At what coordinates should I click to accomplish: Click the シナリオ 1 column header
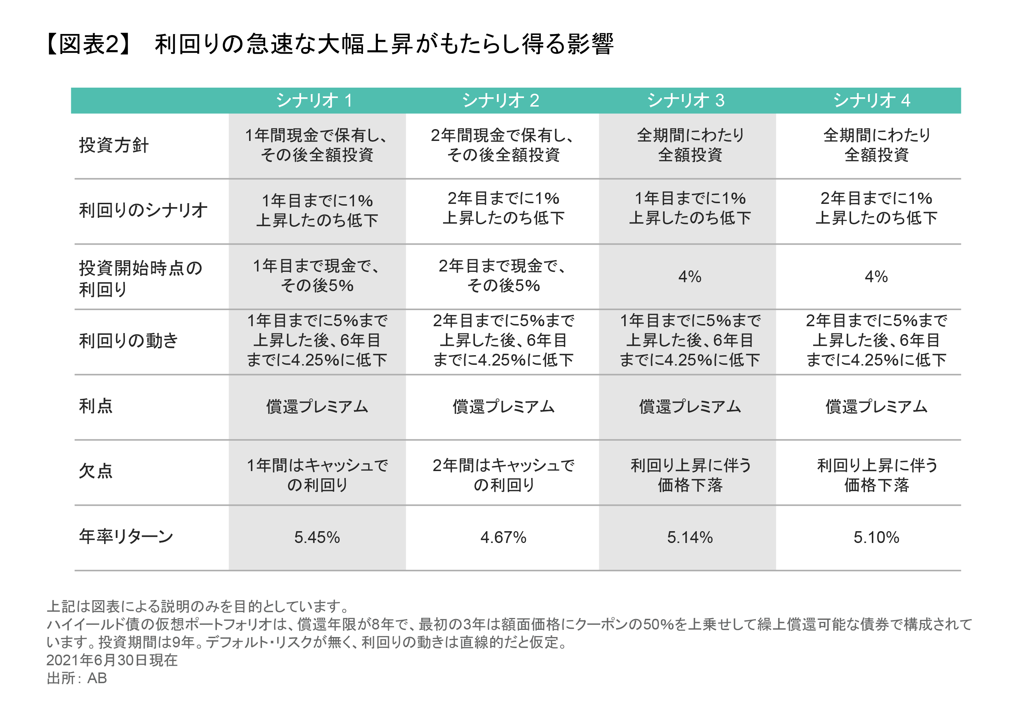314,101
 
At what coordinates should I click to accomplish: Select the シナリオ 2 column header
501,101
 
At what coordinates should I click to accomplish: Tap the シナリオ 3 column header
686,101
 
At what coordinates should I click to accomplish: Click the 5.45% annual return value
317,537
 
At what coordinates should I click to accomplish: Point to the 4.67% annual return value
503,537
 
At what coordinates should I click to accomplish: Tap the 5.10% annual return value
876,537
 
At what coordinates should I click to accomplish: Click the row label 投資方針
114,145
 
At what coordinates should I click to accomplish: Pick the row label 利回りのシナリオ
143,210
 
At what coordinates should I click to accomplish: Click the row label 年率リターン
126,537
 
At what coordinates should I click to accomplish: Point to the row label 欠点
96,471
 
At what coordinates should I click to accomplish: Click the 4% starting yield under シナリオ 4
876,276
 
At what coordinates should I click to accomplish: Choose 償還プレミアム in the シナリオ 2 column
503,407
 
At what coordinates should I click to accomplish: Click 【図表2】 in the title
89,44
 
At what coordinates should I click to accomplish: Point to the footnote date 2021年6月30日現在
112,660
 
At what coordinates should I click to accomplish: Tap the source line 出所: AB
77,678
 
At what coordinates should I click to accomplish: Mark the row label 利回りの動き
128,341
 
